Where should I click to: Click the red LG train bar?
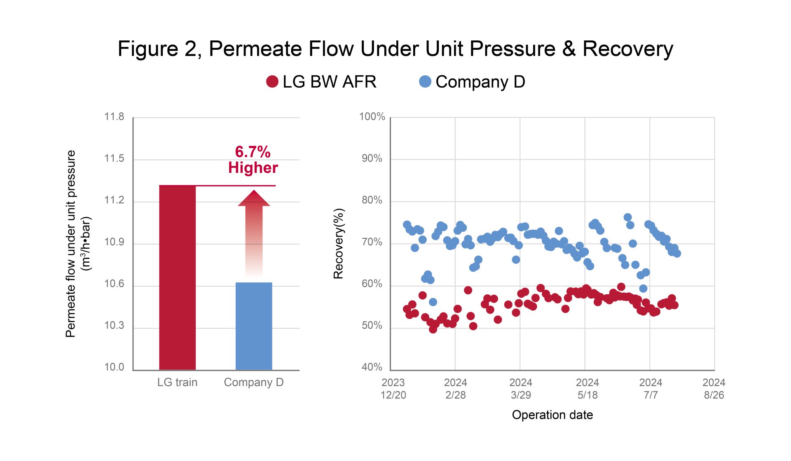point(177,278)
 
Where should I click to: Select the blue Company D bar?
point(254,326)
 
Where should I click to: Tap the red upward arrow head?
point(254,198)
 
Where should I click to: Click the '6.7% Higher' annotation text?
point(253,160)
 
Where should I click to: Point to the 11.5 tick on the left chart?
point(114,158)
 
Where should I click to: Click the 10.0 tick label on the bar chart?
point(114,367)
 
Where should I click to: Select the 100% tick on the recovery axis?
point(372,117)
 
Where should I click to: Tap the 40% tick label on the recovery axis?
point(372,367)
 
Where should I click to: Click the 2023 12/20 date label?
point(393,389)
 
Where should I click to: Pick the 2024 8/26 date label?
point(714,389)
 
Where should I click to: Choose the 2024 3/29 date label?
point(521,389)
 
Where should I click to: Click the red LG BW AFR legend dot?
point(272,81)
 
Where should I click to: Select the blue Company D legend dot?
point(425,81)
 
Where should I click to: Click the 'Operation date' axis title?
point(552,415)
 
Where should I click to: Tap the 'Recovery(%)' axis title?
point(339,244)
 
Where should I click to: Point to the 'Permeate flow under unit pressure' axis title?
point(71,244)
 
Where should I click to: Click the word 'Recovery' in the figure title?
point(628,49)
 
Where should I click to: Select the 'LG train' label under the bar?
point(177,382)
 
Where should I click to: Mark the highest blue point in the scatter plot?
point(627,217)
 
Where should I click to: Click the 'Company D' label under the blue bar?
point(254,383)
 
